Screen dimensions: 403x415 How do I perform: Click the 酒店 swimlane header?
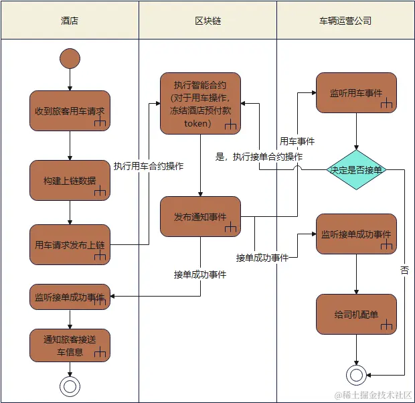pyautogui.click(x=70, y=21)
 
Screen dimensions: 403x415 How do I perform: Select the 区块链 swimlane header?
pyautogui.click(x=207, y=21)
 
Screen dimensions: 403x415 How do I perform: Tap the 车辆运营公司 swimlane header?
pyautogui.click(x=345, y=21)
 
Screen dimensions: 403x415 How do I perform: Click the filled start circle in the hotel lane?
pyautogui.click(x=70, y=58)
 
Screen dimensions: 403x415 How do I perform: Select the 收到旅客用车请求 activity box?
pyautogui.click(x=70, y=110)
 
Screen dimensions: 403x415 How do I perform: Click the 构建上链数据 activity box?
pyautogui.click(x=70, y=180)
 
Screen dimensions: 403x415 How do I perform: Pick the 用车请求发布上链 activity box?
pyautogui.click(x=70, y=245)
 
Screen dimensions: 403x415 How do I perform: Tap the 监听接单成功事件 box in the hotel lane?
pyautogui.click(x=70, y=296)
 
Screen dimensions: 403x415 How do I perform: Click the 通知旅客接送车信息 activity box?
pyautogui.click(x=70, y=345)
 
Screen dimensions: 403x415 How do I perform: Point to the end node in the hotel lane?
pyautogui.click(x=70, y=386)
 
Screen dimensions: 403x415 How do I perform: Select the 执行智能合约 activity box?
pyautogui.click(x=200, y=104)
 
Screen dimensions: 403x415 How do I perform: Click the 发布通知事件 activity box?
pyautogui.click(x=200, y=216)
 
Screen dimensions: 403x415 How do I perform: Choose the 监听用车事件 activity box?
pyautogui.click(x=356, y=92)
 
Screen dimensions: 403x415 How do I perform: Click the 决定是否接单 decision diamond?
pyautogui.click(x=356, y=170)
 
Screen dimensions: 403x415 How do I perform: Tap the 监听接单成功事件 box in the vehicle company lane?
pyautogui.click(x=356, y=234)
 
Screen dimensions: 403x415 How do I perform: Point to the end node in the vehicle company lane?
pyautogui.click(x=356, y=375)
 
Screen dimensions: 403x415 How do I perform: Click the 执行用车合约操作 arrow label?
pyautogui.click(x=149, y=165)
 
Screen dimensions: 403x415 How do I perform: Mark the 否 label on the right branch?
pyautogui.click(x=404, y=270)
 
